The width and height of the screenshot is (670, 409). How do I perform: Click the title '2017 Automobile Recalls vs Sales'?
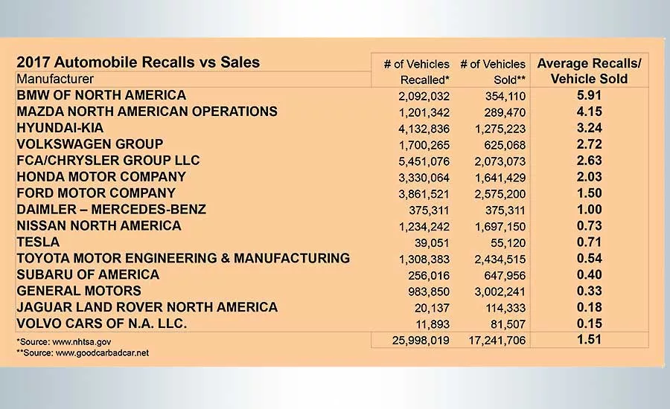pos(138,62)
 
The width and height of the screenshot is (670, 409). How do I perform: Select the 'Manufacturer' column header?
pos(55,79)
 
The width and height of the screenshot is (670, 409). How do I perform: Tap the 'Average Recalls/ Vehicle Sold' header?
pos(590,71)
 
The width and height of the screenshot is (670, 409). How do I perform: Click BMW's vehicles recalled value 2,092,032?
pos(424,96)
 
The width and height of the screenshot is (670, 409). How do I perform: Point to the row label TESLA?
pos(38,242)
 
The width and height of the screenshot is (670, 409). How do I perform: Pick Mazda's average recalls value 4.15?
pos(590,112)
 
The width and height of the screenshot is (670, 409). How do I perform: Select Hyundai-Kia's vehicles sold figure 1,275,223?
pos(500,129)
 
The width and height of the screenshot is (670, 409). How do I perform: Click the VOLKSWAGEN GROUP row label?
pos(90,144)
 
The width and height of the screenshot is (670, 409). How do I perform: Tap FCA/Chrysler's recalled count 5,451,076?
pos(424,161)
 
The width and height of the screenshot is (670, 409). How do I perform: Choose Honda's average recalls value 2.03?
pos(590,177)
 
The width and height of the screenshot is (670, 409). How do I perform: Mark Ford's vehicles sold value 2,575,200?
pos(500,194)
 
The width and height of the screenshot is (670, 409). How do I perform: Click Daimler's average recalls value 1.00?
pos(590,209)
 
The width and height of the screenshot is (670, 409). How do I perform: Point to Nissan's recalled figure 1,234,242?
pos(424,227)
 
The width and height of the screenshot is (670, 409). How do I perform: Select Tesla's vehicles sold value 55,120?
pos(508,243)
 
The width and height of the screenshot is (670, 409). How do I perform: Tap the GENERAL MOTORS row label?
pos(79,291)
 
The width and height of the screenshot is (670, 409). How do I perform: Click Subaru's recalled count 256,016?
pos(429,275)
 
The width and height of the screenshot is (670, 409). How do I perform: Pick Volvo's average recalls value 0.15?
pos(590,323)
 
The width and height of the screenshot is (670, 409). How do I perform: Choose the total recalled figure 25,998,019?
pos(421,341)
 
